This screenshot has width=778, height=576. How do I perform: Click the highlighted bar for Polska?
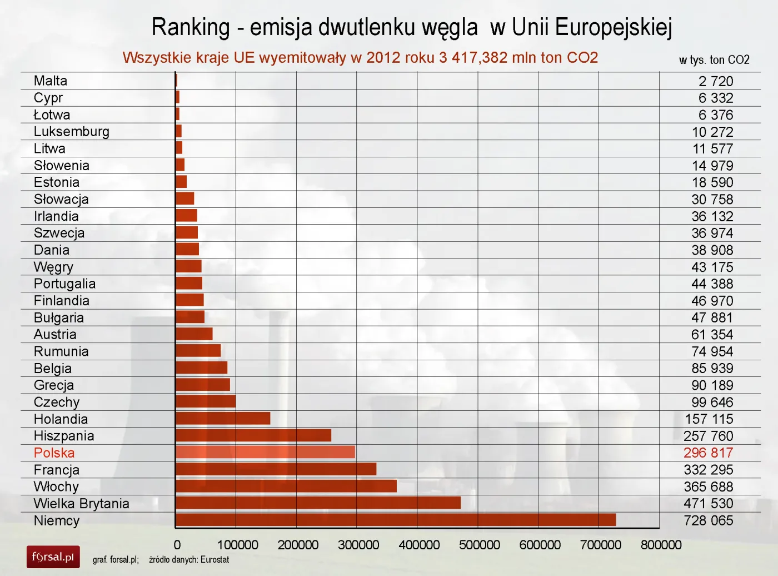265,452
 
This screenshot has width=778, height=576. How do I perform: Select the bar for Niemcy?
396,520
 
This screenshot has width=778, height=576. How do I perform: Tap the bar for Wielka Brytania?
318,503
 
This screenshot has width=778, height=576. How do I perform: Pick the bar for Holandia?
223,418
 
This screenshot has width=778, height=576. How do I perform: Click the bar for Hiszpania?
253,435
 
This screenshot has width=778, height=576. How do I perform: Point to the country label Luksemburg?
72,131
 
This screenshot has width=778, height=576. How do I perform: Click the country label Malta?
51,81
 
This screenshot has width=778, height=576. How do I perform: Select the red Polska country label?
54,453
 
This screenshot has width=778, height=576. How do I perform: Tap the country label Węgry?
53,267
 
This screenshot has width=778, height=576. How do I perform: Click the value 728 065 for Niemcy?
708,520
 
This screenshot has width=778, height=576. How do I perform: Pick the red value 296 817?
708,453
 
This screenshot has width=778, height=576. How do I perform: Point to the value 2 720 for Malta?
716,81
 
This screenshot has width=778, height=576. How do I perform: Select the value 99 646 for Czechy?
712,402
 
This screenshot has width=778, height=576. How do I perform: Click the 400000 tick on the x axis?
419,545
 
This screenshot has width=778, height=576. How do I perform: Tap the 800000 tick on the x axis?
661,545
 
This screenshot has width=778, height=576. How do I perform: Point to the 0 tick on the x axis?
177,545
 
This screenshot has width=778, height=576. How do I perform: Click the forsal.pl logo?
53,557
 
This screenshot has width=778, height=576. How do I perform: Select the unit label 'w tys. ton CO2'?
714,60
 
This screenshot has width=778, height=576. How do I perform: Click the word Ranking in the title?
191,27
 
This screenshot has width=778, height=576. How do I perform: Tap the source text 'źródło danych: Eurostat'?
189,559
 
